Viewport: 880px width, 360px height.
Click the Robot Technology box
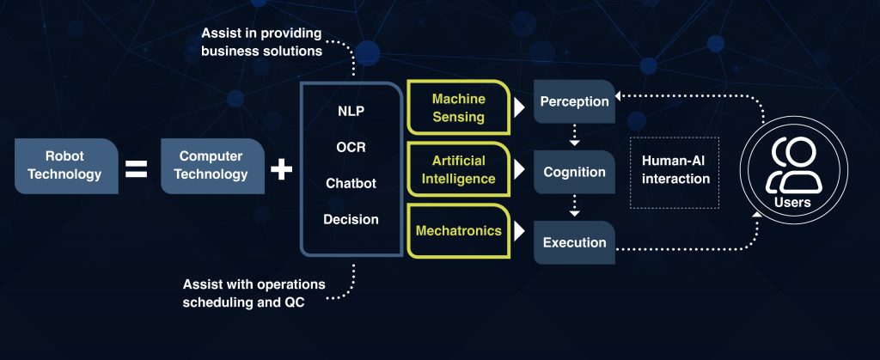pos(66,166)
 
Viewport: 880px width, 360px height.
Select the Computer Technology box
pos(213,166)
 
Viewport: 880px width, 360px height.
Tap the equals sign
pos(137,168)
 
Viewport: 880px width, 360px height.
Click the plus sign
pos(281,168)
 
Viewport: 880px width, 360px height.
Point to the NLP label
pos(351,111)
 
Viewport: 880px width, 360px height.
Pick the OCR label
pos(351,147)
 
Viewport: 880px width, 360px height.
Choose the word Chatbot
pos(351,183)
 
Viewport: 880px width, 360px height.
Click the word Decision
pos(351,219)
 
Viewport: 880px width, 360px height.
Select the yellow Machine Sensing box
pos(459,108)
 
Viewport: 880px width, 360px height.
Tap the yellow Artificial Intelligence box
pos(459,170)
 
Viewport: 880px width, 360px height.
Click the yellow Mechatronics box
pos(459,231)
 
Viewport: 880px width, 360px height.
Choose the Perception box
pos(574,101)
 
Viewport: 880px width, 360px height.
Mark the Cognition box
pos(574,172)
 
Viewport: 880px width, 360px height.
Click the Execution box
pos(574,243)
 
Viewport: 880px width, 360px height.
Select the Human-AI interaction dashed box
pos(675,173)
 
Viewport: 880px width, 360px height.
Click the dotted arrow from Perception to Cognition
pos(574,135)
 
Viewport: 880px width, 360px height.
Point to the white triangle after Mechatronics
pos(519,231)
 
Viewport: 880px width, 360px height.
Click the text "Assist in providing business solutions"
pos(261,42)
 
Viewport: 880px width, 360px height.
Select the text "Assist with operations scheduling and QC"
pos(254,293)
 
